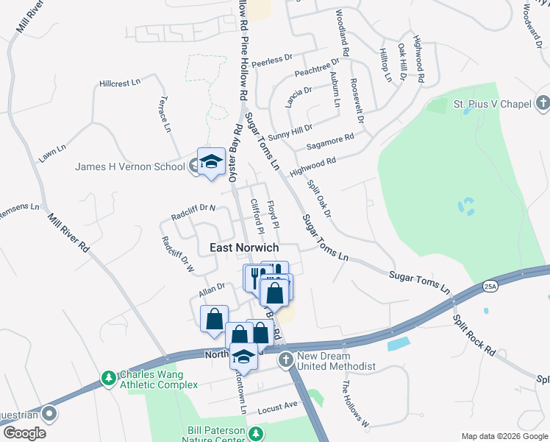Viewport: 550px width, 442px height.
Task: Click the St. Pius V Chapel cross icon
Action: pos(542,103)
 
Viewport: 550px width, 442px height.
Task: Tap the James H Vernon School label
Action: pos(130,166)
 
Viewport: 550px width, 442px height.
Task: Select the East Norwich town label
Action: pos(244,248)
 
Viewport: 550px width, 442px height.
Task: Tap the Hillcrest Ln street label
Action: pos(120,84)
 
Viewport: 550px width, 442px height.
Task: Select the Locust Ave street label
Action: pos(278,406)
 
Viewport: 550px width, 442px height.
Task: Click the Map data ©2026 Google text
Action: pos(504,435)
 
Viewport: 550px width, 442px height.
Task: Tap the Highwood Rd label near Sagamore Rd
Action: pos(312,166)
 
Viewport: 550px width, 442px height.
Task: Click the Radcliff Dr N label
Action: pos(193,208)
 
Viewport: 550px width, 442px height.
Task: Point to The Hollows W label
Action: pos(354,402)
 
